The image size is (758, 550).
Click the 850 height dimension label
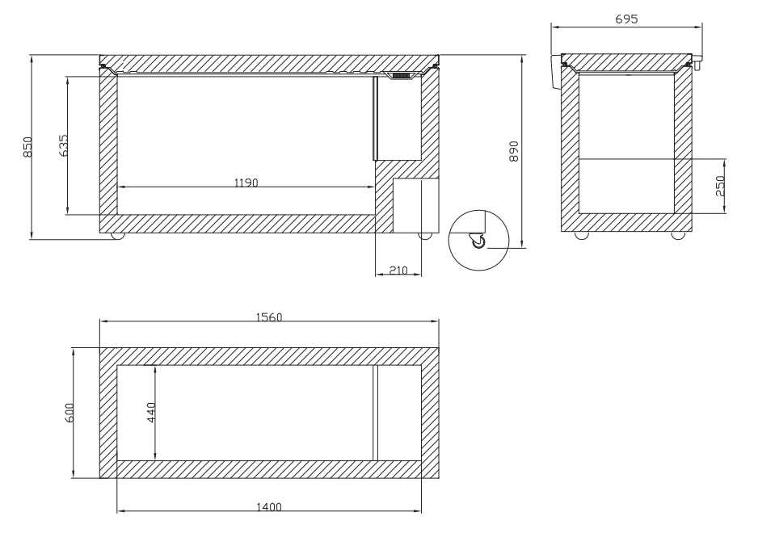click(x=28, y=147)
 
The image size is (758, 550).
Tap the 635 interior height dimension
click(x=63, y=145)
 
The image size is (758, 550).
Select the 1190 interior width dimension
click(x=246, y=183)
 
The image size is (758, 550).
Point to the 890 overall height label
click(x=513, y=151)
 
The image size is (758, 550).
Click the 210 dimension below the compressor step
click(x=398, y=271)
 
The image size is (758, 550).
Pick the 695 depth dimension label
click(x=626, y=19)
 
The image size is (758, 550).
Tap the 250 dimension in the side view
click(x=720, y=186)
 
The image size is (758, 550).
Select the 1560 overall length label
click(x=269, y=317)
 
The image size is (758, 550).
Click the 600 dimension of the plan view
click(x=69, y=414)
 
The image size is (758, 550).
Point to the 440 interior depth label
click(x=151, y=413)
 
